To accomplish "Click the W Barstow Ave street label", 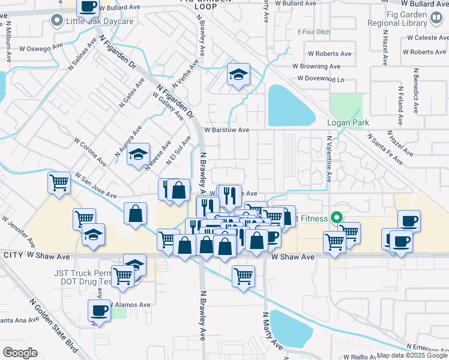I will coord(226,129).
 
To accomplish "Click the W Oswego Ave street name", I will coord(41,47).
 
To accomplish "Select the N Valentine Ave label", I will coord(329,159).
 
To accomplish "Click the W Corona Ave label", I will coord(90,153).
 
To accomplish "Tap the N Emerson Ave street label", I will coord(427,347).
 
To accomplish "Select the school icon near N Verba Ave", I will coord(238,75).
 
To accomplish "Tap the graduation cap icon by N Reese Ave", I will coord(139,155).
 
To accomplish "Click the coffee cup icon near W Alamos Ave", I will coord(100,311).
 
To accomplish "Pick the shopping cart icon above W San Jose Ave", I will coord(59,182).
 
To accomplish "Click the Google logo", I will coord(20,353).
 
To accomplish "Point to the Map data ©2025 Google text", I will coord(411,355).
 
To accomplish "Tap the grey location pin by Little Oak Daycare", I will coord(58,22).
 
